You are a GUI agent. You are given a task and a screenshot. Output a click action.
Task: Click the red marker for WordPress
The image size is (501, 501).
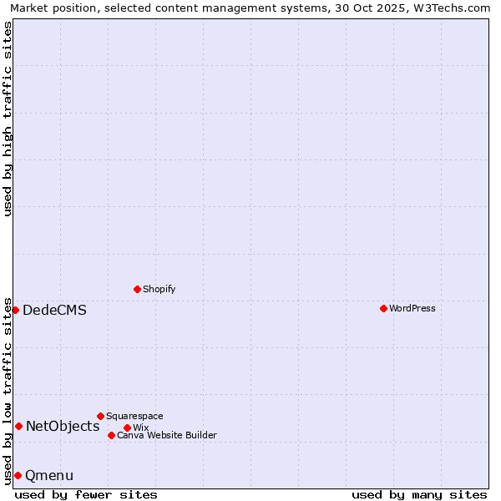(383, 308)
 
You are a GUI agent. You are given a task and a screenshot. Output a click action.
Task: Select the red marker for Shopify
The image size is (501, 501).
(137, 289)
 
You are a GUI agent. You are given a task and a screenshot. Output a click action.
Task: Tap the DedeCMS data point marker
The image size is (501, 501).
(15, 310)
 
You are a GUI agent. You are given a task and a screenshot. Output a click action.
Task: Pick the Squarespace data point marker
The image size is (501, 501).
(100, 416)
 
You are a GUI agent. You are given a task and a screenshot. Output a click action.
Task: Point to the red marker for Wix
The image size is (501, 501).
(127, 428)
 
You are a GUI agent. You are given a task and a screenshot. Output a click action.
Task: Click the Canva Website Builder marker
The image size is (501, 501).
(111, 435)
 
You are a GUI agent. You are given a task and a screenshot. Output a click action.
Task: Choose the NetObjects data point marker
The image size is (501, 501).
(18, 426)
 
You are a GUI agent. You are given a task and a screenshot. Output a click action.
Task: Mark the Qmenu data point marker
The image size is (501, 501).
(18, 475)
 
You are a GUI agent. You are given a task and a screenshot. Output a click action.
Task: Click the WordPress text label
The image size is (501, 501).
(412, 308)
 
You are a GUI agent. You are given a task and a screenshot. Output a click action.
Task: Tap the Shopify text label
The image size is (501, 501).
(159, 289)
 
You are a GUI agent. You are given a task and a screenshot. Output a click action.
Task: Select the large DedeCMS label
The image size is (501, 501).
(54, 310)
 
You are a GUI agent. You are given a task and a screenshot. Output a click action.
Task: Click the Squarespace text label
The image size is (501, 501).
(134, 416)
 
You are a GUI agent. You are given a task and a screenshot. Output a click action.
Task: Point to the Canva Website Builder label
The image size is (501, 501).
(167, 435)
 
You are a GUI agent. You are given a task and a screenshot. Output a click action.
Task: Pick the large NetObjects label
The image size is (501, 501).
(63, 426)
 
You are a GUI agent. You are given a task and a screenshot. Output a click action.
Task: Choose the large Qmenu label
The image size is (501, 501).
(49, 475)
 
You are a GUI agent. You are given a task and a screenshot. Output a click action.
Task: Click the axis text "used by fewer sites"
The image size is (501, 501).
(86, 494)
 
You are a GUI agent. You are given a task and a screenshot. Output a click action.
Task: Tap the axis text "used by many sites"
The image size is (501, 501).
(419, 494)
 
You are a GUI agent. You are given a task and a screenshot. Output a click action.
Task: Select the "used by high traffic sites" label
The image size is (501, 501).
(8, 119)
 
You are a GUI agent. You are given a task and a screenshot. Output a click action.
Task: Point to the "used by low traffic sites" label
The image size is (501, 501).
(8, 391)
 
